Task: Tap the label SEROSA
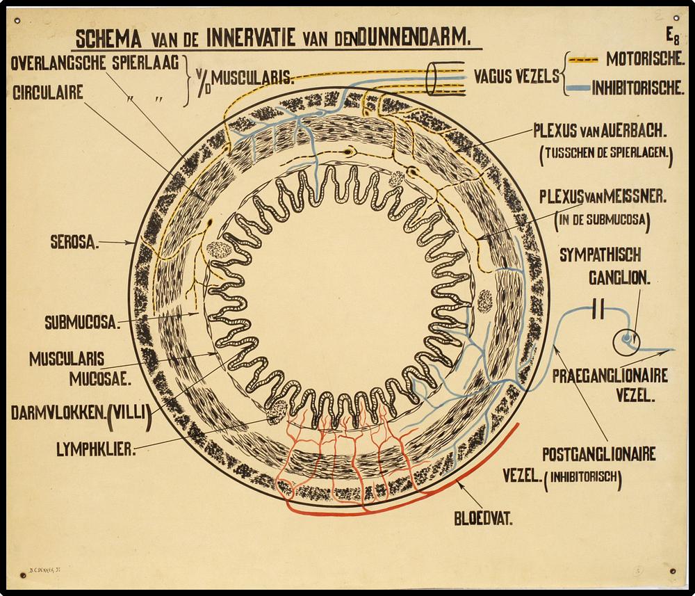74,243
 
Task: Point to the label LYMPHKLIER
96,449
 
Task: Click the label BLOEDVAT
484,518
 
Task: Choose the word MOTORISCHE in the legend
644,59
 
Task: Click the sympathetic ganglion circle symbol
627,341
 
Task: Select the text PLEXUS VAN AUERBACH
600,131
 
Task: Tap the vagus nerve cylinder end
432,79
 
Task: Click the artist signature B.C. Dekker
43,567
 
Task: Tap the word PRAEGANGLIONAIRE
610,376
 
